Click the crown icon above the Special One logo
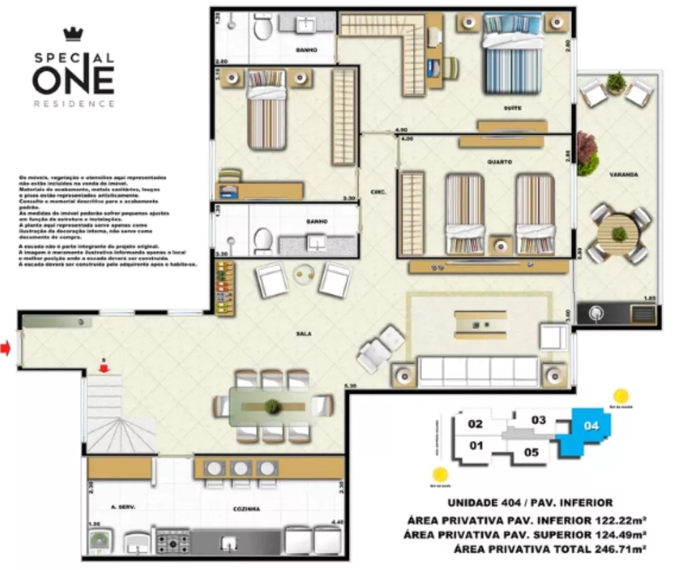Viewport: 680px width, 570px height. pyautogui.click(x=72, y=34)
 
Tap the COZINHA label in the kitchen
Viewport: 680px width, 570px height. pyautogui.click(x=246, y=507)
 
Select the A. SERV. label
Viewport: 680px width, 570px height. pyautogui.click(x=109, y=507)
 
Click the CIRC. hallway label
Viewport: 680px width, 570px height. pyautogui.click(x=378, y=192)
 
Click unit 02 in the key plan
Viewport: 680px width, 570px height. pyautogui.click(x=475, y=424)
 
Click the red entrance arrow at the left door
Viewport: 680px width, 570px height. pyautogui.click(x=6, y=349)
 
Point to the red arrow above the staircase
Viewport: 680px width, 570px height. pyautogui.click(x=103, y=368)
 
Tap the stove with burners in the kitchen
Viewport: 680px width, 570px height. pyautogui.click(x=173, y=541)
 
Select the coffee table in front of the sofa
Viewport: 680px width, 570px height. pyautogui.click(x=480, y=325)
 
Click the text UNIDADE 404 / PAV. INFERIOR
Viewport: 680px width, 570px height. pyautogui.click(x=530, y=503)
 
